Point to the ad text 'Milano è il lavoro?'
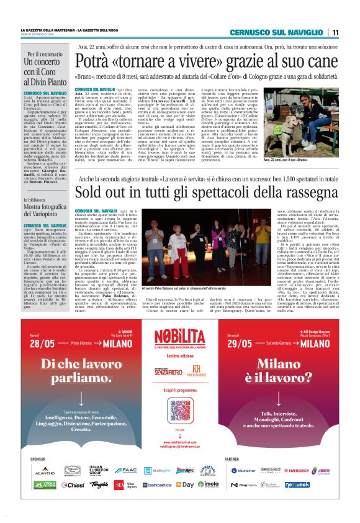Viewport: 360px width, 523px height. pyautogui.click(x=275, y=386)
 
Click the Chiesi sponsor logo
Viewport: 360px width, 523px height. pyautogui.click(x=72, y=484)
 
